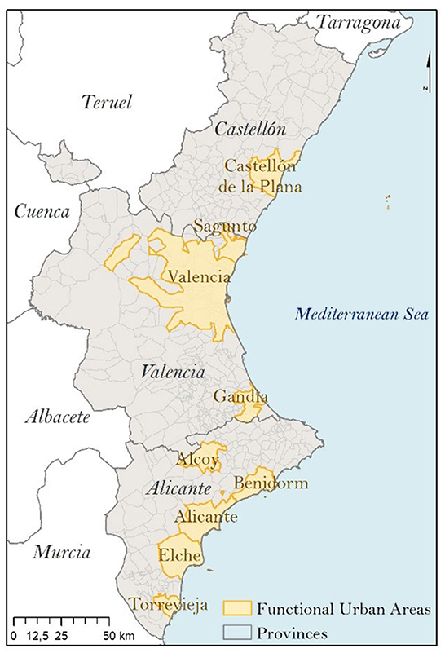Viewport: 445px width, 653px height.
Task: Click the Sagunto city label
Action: [224, 227]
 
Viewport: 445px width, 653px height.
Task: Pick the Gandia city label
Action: [240, 397]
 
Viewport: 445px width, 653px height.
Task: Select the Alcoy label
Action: [199, 461]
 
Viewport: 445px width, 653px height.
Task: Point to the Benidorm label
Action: [260, 483]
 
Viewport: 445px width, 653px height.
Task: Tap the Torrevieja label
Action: [169, 605]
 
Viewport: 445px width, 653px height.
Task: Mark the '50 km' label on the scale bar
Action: [120, 633]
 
